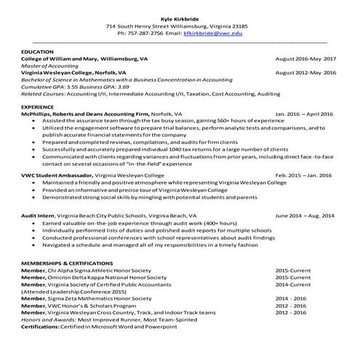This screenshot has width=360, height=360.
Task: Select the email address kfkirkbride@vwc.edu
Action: pos(213,33)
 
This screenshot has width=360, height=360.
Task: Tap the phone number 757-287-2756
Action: pos(139,33)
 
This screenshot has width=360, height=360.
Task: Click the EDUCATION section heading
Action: pos(37,52)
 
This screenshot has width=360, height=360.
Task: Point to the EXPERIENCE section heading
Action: pos(38,106)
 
